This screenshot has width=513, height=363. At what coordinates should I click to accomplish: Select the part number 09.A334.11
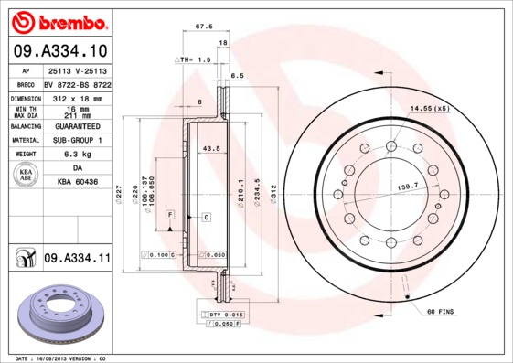coord(77,259)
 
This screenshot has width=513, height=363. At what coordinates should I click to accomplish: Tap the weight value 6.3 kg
coord(76,155)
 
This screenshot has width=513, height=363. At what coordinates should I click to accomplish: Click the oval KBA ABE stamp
coord(27,176)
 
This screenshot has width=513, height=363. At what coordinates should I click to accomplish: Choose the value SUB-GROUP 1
coord(76,140)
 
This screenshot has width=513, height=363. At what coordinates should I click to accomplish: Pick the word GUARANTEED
coord(76,125)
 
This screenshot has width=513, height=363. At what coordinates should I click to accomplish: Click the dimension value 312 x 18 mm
coord(76,97)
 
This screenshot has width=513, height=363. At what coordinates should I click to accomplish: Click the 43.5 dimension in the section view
coord(210,147)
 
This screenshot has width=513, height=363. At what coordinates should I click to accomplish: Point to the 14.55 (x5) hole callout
coord(430,109)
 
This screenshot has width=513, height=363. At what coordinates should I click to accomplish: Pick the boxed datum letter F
coord(169,214)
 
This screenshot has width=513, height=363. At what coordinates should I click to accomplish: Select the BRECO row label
coord(27,83)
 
